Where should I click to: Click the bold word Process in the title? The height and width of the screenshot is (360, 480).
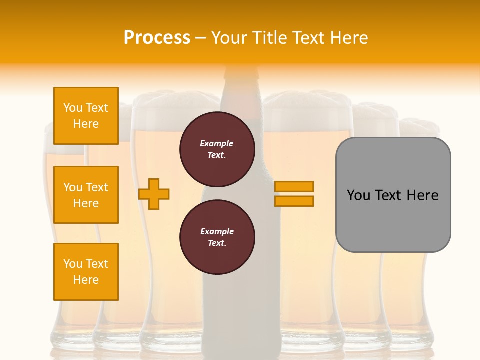tap(157, 38)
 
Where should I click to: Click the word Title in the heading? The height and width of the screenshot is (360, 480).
tap(269, 38)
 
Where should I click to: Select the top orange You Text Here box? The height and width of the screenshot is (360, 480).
tap(86, 116)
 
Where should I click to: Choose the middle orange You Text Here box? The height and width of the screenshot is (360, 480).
tap(86, 195)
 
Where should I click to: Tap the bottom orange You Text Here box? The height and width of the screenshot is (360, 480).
tap(86, 272)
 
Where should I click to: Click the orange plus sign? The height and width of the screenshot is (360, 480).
tap(154, 194)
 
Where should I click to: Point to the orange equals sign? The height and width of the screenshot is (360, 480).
tap(294, 194)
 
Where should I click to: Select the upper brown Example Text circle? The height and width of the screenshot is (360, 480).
tap(217, 149)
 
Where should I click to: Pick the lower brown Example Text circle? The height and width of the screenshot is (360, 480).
tap(217, 237)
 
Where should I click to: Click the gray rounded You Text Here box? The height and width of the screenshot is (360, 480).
tap(393, 195)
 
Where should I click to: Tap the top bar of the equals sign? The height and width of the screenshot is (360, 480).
tap(294, 187)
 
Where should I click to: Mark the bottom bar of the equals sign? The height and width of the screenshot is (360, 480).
tap(294, 201)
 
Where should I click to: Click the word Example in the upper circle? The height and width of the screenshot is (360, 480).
tap(217, 143)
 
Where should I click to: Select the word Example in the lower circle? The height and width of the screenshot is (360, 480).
tap(217, 231)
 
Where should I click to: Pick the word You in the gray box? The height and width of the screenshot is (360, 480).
tap(358, 195)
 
